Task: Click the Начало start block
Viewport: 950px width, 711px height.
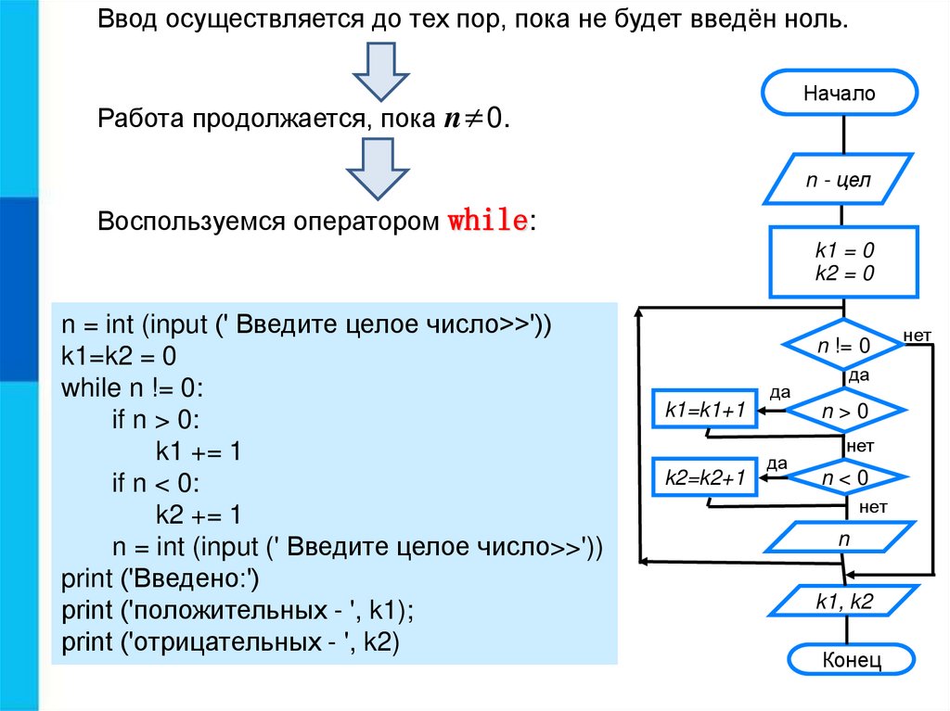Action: pyautogui.click(x=840, y=94)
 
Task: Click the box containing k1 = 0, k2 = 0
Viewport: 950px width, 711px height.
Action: pyautogui.click(x=844, y=261)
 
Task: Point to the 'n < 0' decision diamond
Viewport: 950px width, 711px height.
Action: pyautogui.click(x=844, y=478)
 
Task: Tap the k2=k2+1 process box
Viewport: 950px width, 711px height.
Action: pyautogui.click(x=705, y=478)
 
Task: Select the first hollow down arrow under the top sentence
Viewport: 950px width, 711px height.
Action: pyautogui.click(x=377, y=73)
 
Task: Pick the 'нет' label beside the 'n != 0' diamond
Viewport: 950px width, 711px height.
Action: pyautogui.click(x=917, y=335)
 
